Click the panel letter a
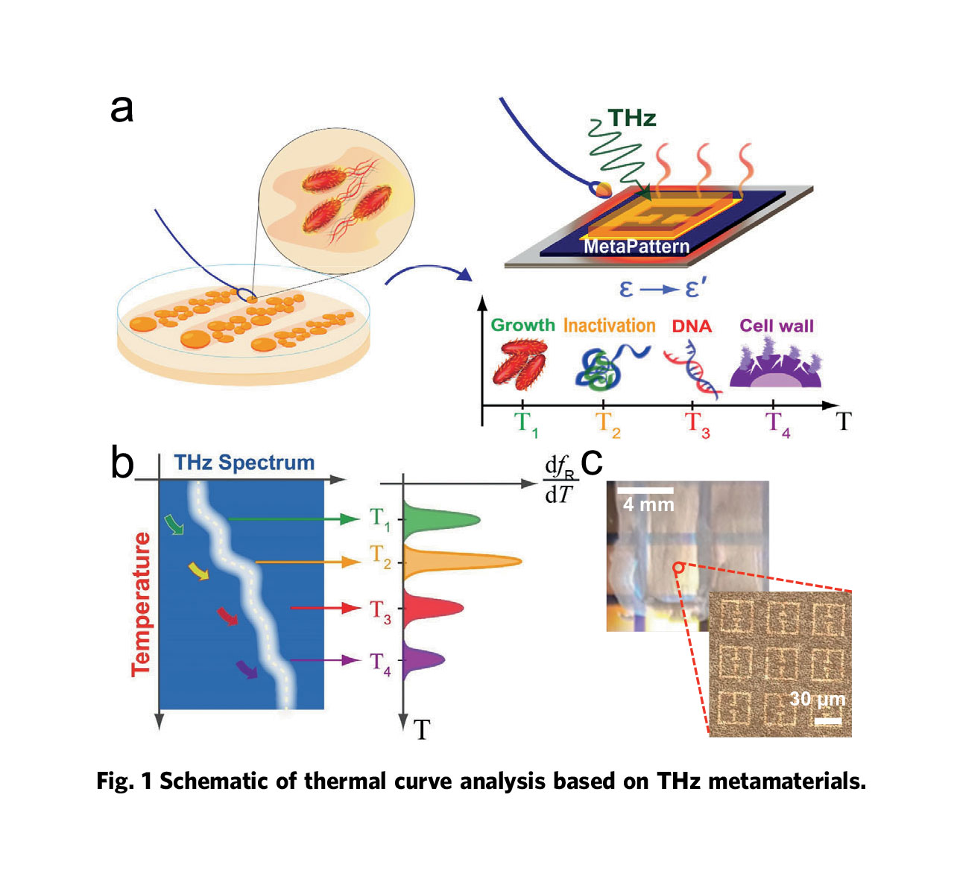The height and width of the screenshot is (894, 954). pyautogui.click(x=122, y=109)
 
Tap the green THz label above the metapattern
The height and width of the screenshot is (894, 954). pyautogui.click(x=631, y=118)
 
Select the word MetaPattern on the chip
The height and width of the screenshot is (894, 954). pyautogui.click(x=636, y=247)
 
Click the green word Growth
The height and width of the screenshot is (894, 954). pyautogui.click(x=522, y=326)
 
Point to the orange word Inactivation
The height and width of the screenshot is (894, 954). pyautogui.click(x=609, y=326)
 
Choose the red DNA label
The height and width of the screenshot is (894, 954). pyautogui.click(x=692, y=326)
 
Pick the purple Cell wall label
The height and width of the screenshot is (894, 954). pyautogui.click(x=777, y=326)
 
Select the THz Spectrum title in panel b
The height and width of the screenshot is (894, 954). pyautogui.click(x=244, y=463)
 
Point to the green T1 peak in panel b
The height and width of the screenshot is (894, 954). pyautogui.click(x=443, y=520)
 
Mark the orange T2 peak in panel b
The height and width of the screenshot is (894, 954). pyautogui.click(x=462, y=562)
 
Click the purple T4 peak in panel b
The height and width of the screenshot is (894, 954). pyautogui.click(x=425, y=659)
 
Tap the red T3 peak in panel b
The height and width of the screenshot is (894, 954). pyautogui.click(x=436, y=608)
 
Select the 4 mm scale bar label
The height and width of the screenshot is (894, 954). pyautogui.click(x=648, y=505)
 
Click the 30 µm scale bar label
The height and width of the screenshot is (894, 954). pyautogui.click(x=817, y=699)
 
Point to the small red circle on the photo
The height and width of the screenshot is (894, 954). pyautogui.click(x=677, y=568)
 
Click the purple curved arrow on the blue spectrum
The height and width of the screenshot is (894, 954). pyautogui.click(x=247, y=669)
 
